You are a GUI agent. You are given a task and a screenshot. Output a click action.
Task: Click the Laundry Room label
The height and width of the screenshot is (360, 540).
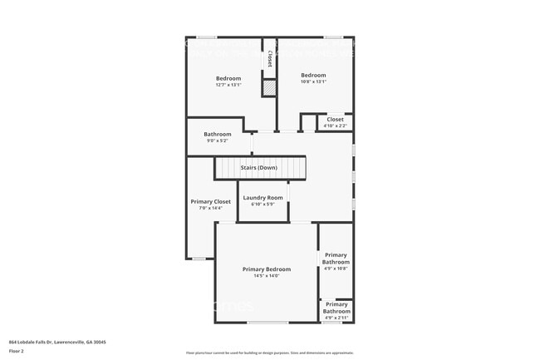[263, 198]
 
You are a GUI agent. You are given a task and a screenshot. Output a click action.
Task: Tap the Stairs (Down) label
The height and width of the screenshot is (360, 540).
[259, 168]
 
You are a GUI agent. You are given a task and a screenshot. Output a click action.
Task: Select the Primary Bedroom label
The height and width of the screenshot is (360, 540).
[267, 269]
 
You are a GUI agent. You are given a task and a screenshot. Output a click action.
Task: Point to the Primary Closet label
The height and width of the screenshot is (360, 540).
[210, 202]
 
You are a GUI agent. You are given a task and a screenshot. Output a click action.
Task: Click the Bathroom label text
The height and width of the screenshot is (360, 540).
[218, 134]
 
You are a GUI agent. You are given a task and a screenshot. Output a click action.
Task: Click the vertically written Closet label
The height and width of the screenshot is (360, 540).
[270, 60]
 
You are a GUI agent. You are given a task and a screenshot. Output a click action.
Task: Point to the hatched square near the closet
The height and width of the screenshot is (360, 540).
[269, 87]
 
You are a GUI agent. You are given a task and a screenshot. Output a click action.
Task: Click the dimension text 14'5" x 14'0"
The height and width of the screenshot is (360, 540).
[267, 276]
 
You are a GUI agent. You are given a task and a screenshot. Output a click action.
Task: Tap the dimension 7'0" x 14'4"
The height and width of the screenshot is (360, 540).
[210, 208]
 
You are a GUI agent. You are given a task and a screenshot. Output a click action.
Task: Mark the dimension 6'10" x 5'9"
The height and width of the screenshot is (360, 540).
[263, 205]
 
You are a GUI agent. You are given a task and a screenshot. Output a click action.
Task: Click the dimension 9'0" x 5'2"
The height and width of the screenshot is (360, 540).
[218, 141]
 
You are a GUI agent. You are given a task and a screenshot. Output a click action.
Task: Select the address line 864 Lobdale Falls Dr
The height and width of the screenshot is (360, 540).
[57, 342]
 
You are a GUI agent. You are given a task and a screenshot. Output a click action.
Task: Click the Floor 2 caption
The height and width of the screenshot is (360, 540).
[17, 352]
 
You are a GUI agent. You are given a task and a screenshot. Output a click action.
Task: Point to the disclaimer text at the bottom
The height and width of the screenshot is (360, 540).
[269, 353]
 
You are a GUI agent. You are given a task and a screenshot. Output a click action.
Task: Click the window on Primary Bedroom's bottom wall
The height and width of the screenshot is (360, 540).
[268, 322]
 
